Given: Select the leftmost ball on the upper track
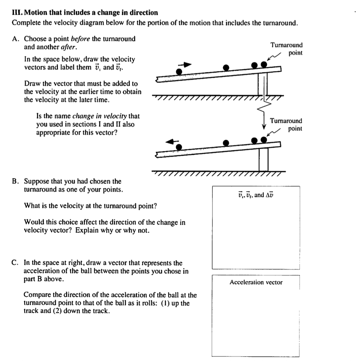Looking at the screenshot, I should (x=179, y=71).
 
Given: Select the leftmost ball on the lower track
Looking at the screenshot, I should (x=179, y=147).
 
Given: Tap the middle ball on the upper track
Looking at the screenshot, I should (x=226, y=67).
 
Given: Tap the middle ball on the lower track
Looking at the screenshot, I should (x=226, y=143).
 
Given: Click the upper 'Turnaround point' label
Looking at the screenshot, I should (x=287, y=49).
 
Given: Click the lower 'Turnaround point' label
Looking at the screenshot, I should (x=286, y=124).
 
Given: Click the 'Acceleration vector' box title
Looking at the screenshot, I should (x=256, y=282).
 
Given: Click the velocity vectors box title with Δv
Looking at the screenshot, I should (x=256, y=195).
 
